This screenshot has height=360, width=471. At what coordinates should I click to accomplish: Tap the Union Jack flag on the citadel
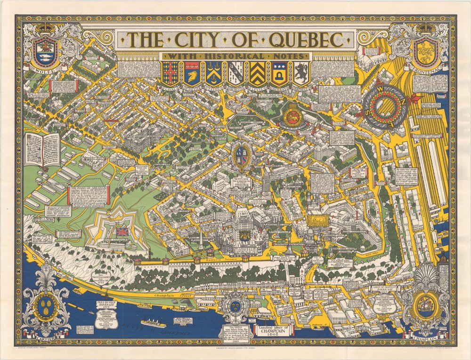pyautogui.click(x=122, y=232)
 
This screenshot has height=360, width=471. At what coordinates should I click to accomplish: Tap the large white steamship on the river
pyautogui.click(x=153, y=324)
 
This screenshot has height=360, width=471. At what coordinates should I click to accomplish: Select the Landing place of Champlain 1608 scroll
pyautogui.click(x=273, y=328)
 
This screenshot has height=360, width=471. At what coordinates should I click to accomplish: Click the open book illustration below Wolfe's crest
pyautogui.click(x=42, y=150)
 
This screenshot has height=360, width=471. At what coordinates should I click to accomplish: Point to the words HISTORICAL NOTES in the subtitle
pyautogui.click(x=235, y=56)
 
